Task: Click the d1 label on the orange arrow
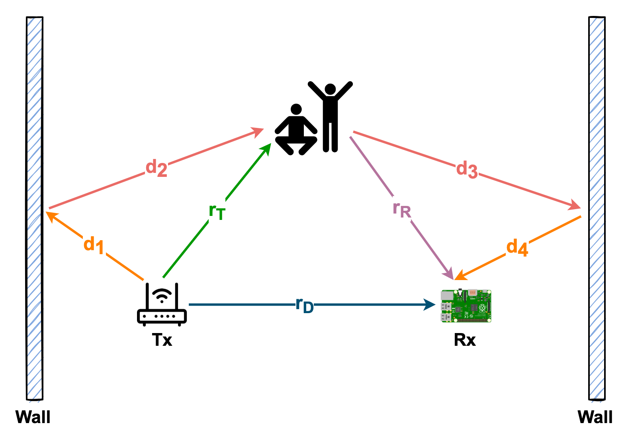pyautogui.click(x=94, y=245)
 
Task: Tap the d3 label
pyautogui.click(x=467, y=169)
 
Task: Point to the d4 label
pyautogui.click(x=517, y=247)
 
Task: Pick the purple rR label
pyautogui.click(x=401, y=209)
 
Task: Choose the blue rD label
pyautogui.click(x=305, y=305)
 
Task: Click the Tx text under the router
pyautogui.click(x=162, y=340)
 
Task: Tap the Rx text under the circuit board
pyautogui.click(x=465, y=340)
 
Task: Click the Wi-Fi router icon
pyautogui.click(x=162, y=305)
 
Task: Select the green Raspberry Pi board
pyautogui.click(x=466, y=306)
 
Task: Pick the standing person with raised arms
pyautogui.click(x=330, y=116)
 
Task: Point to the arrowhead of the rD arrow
pyautogui.click(x=430, y=305)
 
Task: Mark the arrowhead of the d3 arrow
pyautogui.click(x=575, y=206)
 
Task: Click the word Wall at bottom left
pyautogui.click(x=33, y=417)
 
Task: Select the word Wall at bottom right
pyautogui.click(x=595, y=417)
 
